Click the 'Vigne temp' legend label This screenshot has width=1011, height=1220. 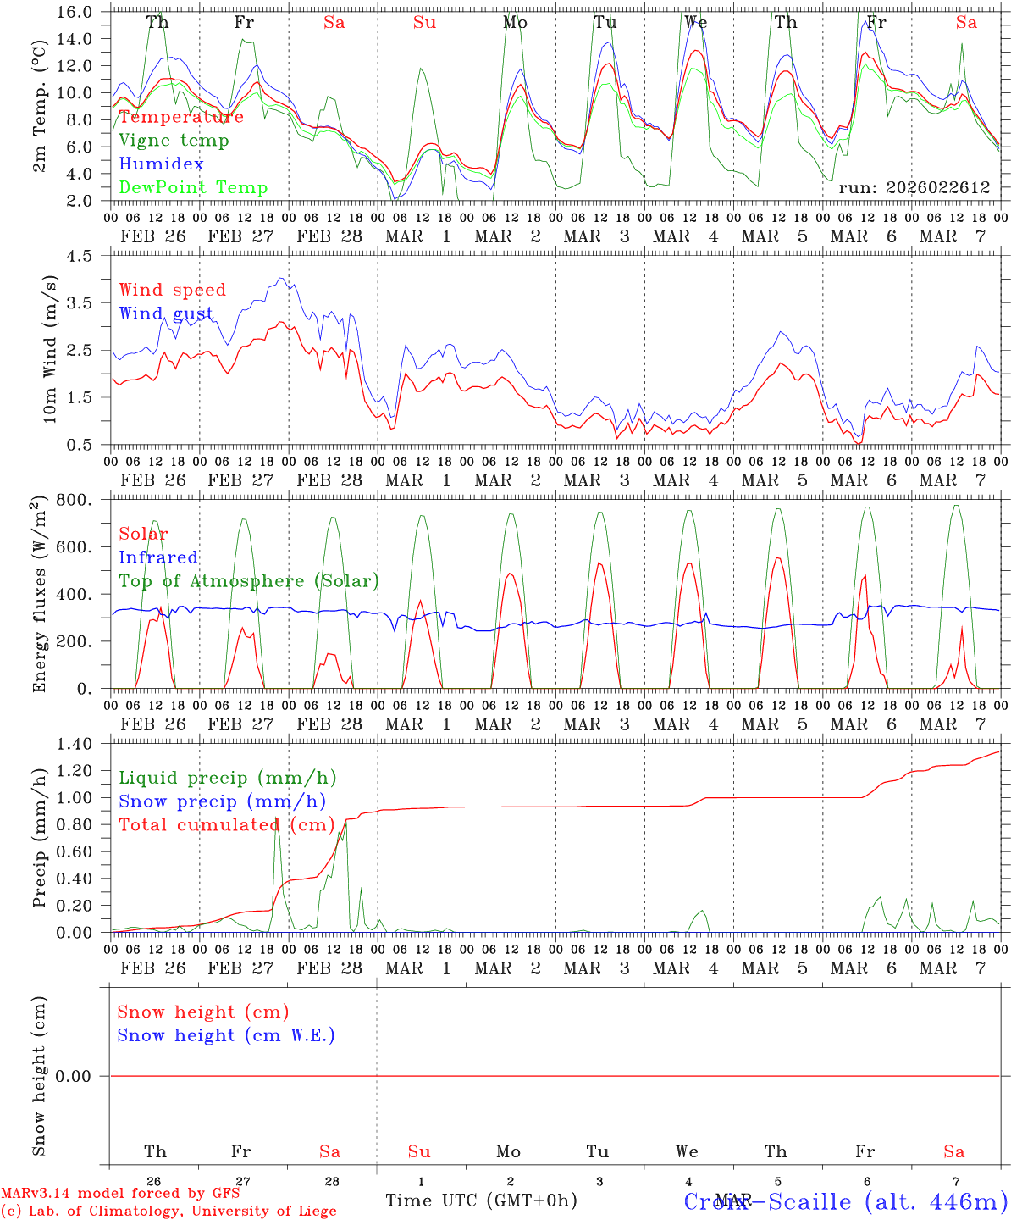click(174, 141)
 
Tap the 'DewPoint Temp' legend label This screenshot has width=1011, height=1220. click(193, 188)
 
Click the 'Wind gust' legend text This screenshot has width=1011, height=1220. click(166, 313)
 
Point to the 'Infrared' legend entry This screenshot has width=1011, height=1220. click(158, 557)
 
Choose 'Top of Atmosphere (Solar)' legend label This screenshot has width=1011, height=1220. click(249, 581)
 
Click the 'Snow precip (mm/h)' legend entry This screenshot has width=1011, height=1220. click(222, 801)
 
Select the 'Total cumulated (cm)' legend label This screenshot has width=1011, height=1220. click(226, 824)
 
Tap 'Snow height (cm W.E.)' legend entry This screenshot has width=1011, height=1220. click(226, 1035)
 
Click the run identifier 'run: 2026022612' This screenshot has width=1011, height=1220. click(914, 187)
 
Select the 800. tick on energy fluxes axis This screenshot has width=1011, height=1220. click(77, 500)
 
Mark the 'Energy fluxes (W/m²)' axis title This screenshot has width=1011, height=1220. click(40, 595)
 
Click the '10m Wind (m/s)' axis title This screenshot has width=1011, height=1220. click(50, 349)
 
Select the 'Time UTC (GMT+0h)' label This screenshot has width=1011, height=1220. click(481, 1201)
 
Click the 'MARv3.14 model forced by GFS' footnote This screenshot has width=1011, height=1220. click(120, 1194)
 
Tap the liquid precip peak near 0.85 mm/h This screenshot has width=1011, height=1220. click(276, 820)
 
